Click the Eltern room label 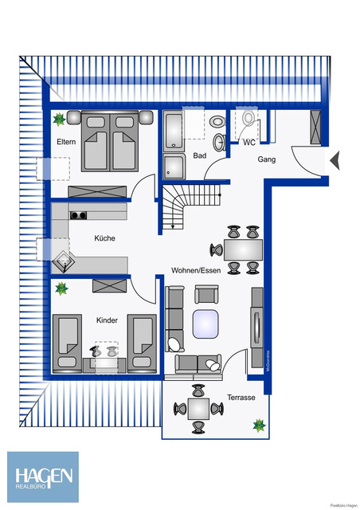[x=65, y=142]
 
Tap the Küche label [x=104, y=238]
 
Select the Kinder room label [x=108, y=320]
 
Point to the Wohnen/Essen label [x=196, y=271]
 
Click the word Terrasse [x=241, y=398]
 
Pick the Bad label [x=199, y=155]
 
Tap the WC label [x=249, y=143]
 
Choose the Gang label [x=266, y=159]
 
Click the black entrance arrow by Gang [x=335, y=160]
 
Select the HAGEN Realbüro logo [x=44, y=477]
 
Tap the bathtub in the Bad [x=174, y=131]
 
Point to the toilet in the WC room [x=250, y=121]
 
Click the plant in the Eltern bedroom [x=60, y=120]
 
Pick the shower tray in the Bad [x=174, y=168]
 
